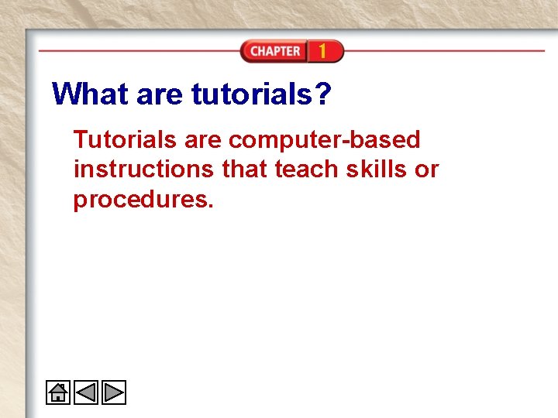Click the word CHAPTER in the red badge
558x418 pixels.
point(274,52)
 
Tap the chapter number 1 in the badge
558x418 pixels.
point(322,52)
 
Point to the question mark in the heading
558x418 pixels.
point(322,94)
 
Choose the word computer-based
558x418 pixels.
point(325,140)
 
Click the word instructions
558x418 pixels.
point(145,170)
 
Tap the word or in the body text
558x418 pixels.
point(427,170)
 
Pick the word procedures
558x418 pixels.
point(140,200)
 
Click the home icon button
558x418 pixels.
point(58,393)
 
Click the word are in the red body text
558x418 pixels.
point(203,140)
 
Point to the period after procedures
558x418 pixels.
point(209,207)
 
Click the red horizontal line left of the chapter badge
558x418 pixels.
point(139,50)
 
